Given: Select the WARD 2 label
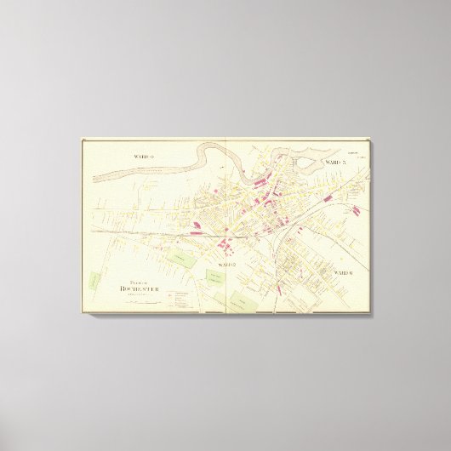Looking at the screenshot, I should (225, 266).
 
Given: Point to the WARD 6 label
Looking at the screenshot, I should (344, 272).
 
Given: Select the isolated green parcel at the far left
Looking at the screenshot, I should (93, 278).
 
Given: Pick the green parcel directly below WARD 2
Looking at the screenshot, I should (214, 278).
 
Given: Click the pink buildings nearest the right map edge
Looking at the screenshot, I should (356, 209).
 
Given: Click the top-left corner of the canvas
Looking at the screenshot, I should (81, 139).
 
